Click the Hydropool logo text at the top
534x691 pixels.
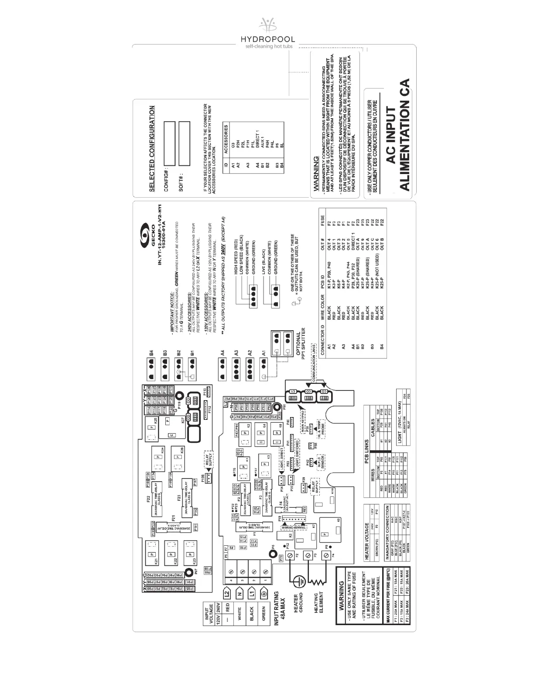tap(267, 40)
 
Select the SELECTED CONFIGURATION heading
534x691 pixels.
tap(152, 148)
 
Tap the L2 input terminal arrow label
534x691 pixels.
tap(226, 593)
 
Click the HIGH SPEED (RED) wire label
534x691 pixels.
tap(236, 257)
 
